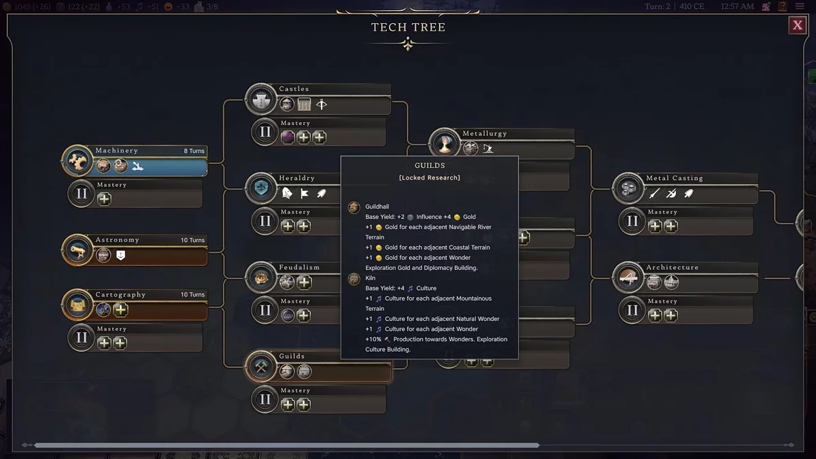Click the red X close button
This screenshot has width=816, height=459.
(797, 26)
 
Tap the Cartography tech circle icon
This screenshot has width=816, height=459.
(78, 305)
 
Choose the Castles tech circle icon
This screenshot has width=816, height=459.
(261, 100)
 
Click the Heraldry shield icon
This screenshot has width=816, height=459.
(261, 189)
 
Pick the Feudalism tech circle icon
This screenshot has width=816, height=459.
(261, 278)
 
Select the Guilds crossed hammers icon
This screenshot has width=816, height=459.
(261, 367)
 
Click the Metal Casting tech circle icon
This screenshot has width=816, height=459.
(628, 189)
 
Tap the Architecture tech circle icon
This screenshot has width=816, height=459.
(628, 278)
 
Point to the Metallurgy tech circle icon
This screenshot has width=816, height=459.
(445, 144)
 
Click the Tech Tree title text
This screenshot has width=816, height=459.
(408, 27)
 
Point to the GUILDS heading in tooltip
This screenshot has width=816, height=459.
(430, 165)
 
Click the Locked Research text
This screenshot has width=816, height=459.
(430, 177)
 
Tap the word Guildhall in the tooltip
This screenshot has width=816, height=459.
(377, 207)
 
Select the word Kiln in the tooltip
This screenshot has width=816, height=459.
(371, 278)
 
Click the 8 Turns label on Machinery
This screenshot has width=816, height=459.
(194, 151)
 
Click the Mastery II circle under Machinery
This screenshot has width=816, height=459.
(82, 194)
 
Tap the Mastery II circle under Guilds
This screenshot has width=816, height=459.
(265, 400)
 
